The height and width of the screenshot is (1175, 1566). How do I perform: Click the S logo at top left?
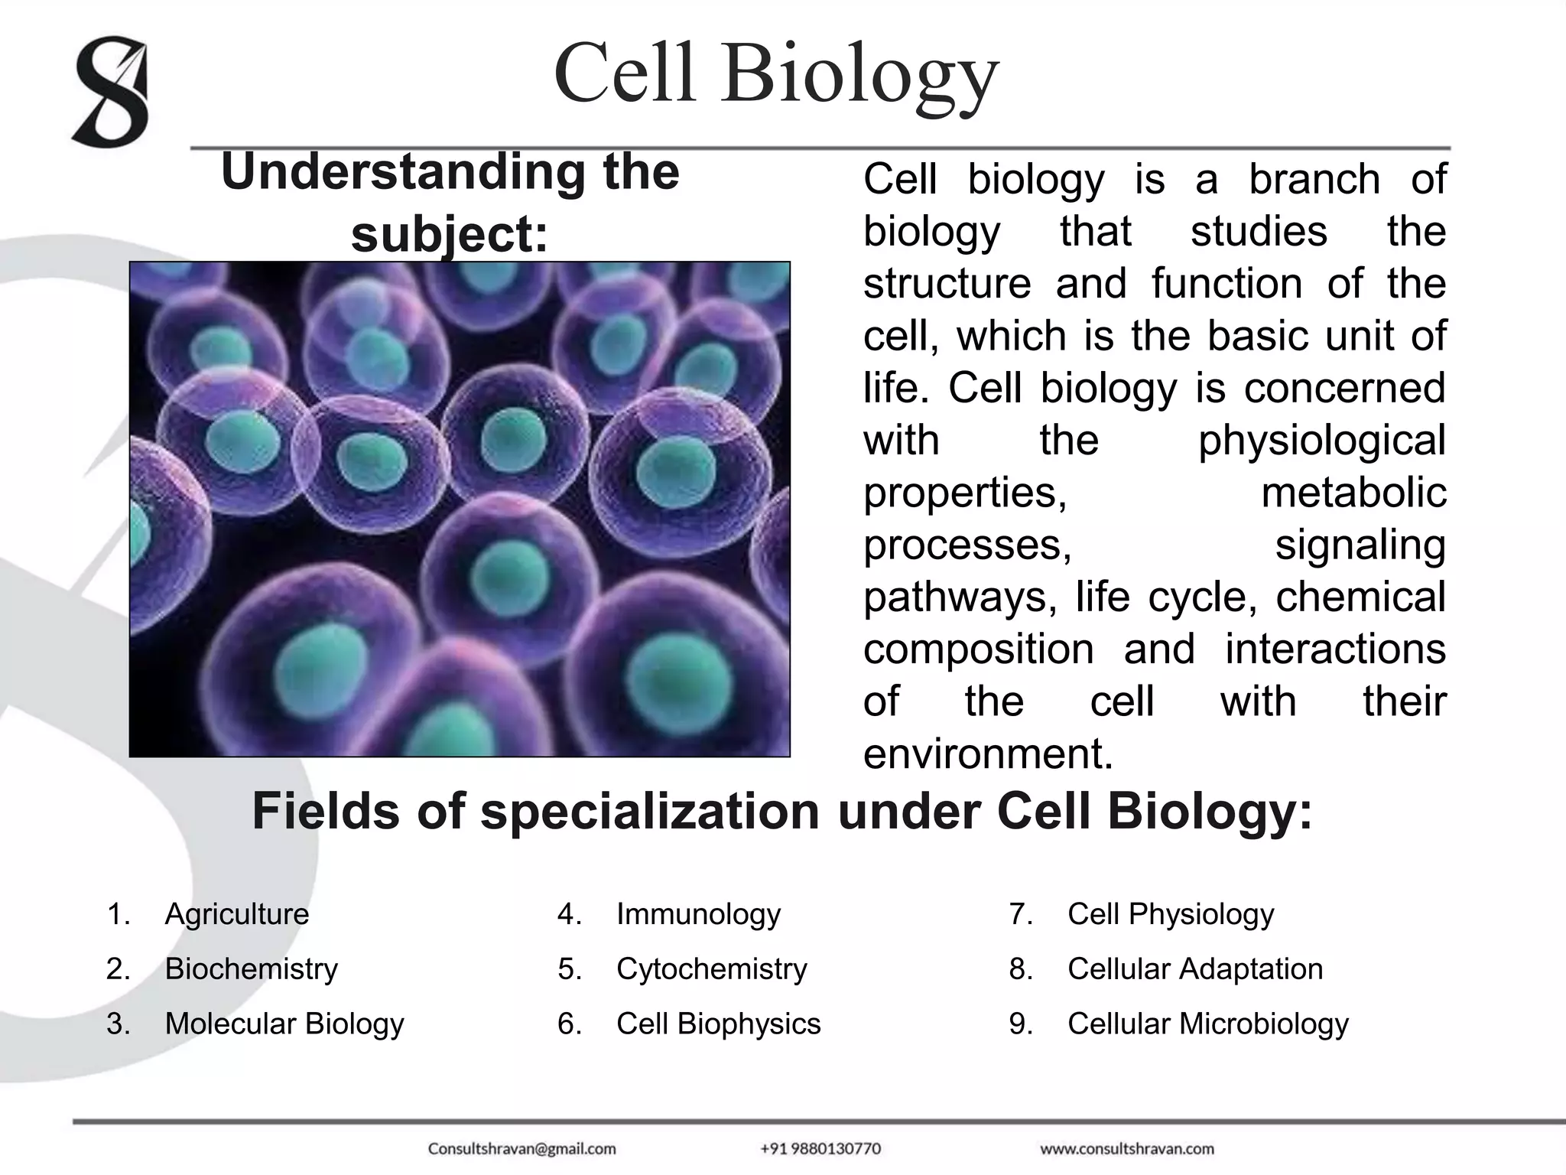(x=112, y=91)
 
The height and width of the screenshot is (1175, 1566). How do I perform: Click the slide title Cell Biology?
(x=776, y=75)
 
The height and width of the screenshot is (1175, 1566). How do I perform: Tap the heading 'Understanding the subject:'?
(x=450, y=202)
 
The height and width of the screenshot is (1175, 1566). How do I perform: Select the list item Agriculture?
(x=237, y=914)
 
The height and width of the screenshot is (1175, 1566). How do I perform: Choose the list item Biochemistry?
(x=251, y=969)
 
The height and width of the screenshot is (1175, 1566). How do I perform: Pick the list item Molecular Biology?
(x=284, y=1024)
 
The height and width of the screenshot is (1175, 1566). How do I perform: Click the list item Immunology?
(x=698, y=914)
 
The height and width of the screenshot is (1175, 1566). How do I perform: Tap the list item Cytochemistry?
(x=711, y=969)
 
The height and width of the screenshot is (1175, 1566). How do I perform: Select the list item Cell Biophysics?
(x=718, y=1024)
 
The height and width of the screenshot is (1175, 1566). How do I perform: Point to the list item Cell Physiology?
(x=1170, y=914)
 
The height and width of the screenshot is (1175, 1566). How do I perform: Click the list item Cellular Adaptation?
(x=1194, y=969)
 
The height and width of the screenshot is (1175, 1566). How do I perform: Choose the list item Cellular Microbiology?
(x=1207, y=1024)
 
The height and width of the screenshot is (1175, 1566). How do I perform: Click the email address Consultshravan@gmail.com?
(x=521, y=1149)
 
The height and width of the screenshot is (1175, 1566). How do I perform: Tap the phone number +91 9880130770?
(x=820, y=1149)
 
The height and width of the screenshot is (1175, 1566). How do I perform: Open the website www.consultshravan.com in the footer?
(x=1126, y=1149)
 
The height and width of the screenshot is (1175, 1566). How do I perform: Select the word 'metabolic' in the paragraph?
(x=1353, y=493)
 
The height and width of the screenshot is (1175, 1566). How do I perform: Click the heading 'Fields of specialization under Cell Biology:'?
(x=781, y=811)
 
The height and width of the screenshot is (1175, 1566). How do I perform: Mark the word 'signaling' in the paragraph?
(x=1360, y=545)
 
